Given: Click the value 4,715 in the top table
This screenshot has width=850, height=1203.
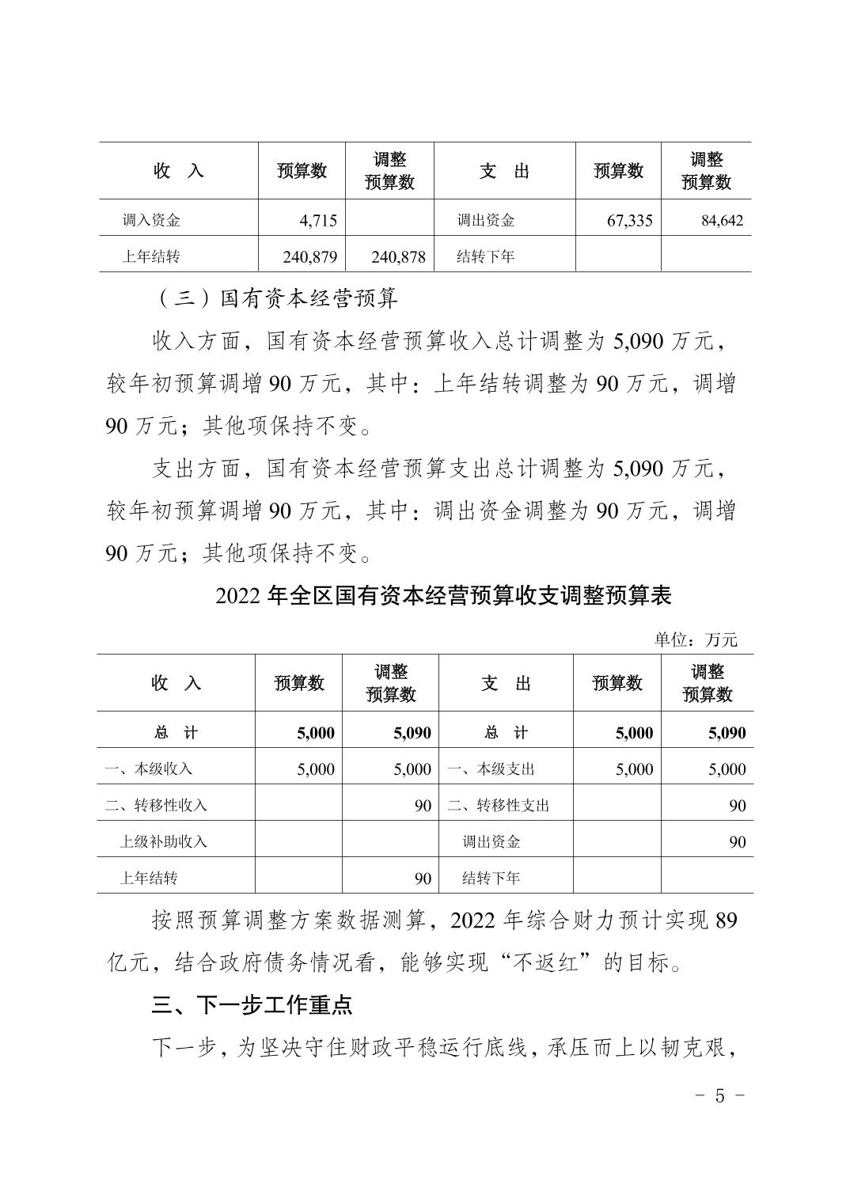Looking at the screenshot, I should (318, 221).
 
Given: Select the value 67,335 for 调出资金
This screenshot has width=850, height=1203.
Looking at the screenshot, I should (629, 221).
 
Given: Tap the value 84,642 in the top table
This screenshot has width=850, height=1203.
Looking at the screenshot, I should (722, 221).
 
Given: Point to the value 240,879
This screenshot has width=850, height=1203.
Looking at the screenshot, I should (309, 256).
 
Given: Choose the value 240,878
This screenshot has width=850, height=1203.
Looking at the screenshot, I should (397, 256).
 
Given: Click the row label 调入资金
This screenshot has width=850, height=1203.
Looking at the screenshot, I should (151, 221).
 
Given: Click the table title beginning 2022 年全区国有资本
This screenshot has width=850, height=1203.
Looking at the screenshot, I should (443, 596).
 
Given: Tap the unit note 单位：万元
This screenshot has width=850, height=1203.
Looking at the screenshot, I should (695, 639).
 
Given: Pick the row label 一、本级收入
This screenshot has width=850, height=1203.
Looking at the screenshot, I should (149, 769).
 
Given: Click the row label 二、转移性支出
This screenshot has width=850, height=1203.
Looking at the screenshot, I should (498, 806).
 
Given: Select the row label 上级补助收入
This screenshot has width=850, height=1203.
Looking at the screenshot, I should (163, 842).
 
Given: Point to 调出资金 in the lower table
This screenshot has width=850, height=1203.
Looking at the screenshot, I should (491, 842).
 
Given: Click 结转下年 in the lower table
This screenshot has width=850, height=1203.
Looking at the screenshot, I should (491, 879).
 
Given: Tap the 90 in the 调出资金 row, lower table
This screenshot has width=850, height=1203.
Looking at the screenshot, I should (737, 842).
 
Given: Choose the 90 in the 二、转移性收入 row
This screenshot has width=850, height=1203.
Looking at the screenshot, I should (423, 806).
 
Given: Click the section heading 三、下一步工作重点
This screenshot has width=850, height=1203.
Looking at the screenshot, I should (252, 1005).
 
